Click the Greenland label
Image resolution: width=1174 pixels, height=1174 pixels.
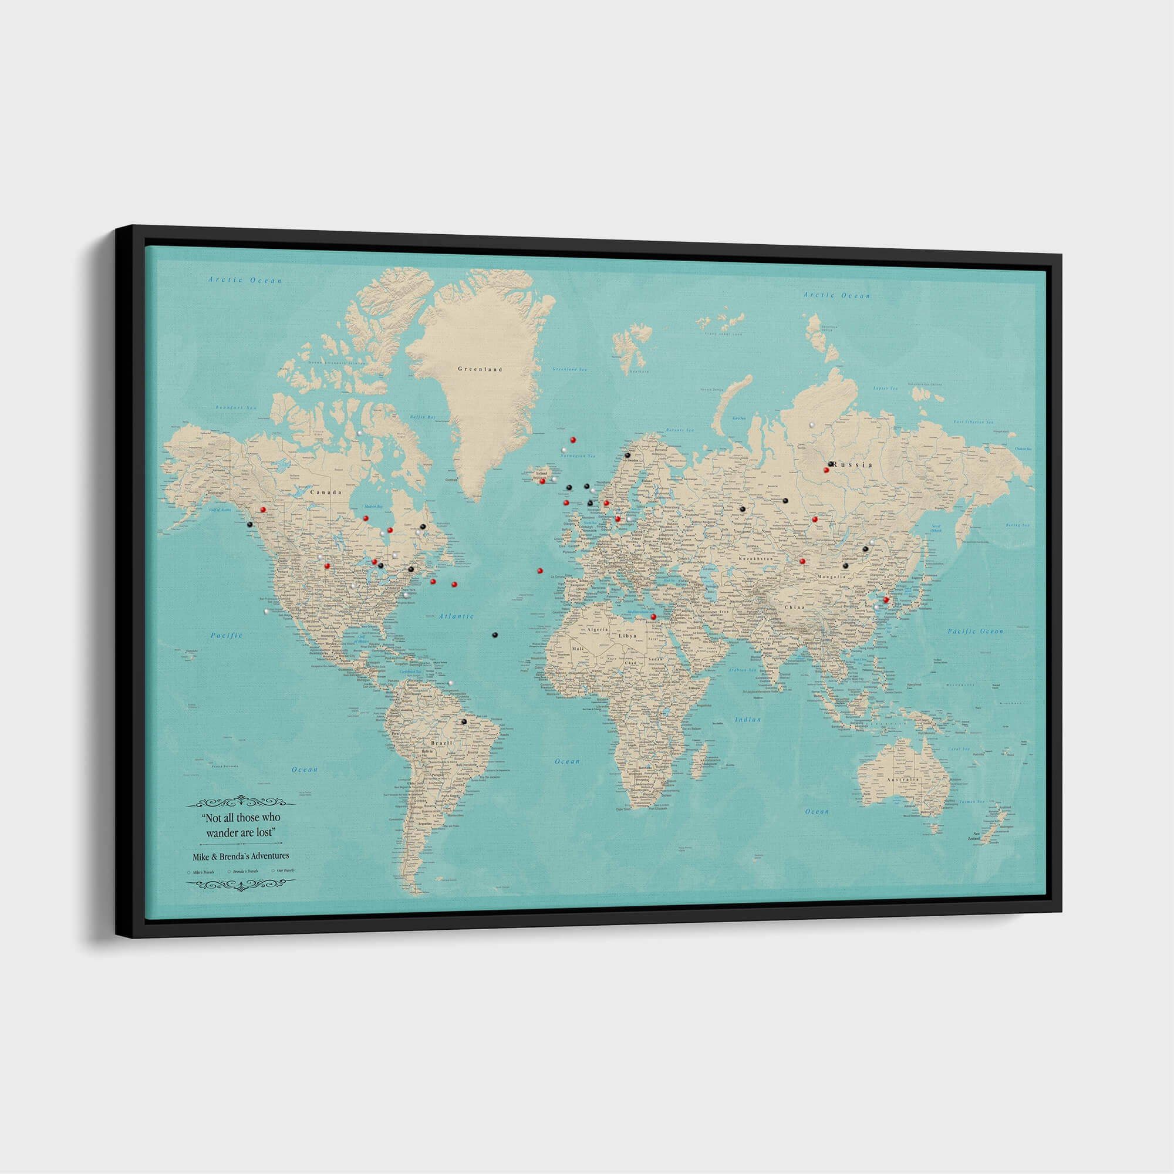point(480,369)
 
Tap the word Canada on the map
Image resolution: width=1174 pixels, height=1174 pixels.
point(326,492)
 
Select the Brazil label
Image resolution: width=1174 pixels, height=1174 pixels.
point(441,743)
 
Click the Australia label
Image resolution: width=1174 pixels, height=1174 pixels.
point(902,780)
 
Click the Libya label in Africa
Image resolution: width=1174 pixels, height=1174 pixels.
point(627,636)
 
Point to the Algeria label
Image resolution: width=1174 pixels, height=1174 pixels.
point(598,629)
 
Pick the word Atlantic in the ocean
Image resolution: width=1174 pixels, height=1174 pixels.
point(456,616)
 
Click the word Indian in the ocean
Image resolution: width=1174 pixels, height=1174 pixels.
point(747,720)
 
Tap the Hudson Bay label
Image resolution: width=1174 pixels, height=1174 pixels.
point(373,506)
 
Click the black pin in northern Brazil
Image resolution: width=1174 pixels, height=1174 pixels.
point(464,721)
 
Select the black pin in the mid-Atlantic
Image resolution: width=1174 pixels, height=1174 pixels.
point(495,635)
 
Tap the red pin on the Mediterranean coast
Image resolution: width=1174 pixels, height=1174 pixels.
point(653,617)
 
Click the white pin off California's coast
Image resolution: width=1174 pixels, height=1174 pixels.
point(266,610)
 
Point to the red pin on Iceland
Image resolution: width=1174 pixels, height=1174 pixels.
point(542,481)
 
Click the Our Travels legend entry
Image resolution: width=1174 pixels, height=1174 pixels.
point(285,871)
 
